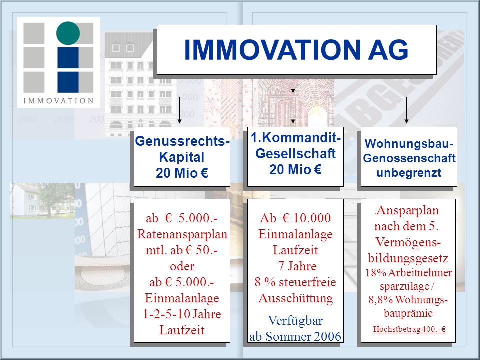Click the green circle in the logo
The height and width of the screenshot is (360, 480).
[68, 33]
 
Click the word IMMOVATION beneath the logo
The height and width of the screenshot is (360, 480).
[59, 101]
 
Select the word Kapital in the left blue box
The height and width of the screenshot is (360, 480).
[182, 157]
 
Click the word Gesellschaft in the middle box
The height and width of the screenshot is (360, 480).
[295, 153]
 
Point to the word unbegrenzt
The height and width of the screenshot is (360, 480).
[409, 173]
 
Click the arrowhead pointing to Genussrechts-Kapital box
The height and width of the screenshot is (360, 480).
[179, 121]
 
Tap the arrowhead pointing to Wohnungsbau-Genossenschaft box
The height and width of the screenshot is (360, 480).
[406, 121]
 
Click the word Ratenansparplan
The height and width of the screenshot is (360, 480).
[182, 234]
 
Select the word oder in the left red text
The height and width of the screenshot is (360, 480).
[182, 266]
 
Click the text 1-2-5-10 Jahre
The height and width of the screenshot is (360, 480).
[182, 314]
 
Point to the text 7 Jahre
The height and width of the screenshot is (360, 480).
[297, 266]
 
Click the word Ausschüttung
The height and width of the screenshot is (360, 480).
[295, 298]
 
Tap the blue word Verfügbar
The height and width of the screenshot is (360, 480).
[295, 321]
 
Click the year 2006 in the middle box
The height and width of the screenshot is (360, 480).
[327, 336]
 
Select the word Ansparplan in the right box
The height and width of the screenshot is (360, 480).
[408, 211]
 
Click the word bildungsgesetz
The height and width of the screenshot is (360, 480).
[408, 258]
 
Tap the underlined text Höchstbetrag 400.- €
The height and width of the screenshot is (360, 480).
[409, 329]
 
